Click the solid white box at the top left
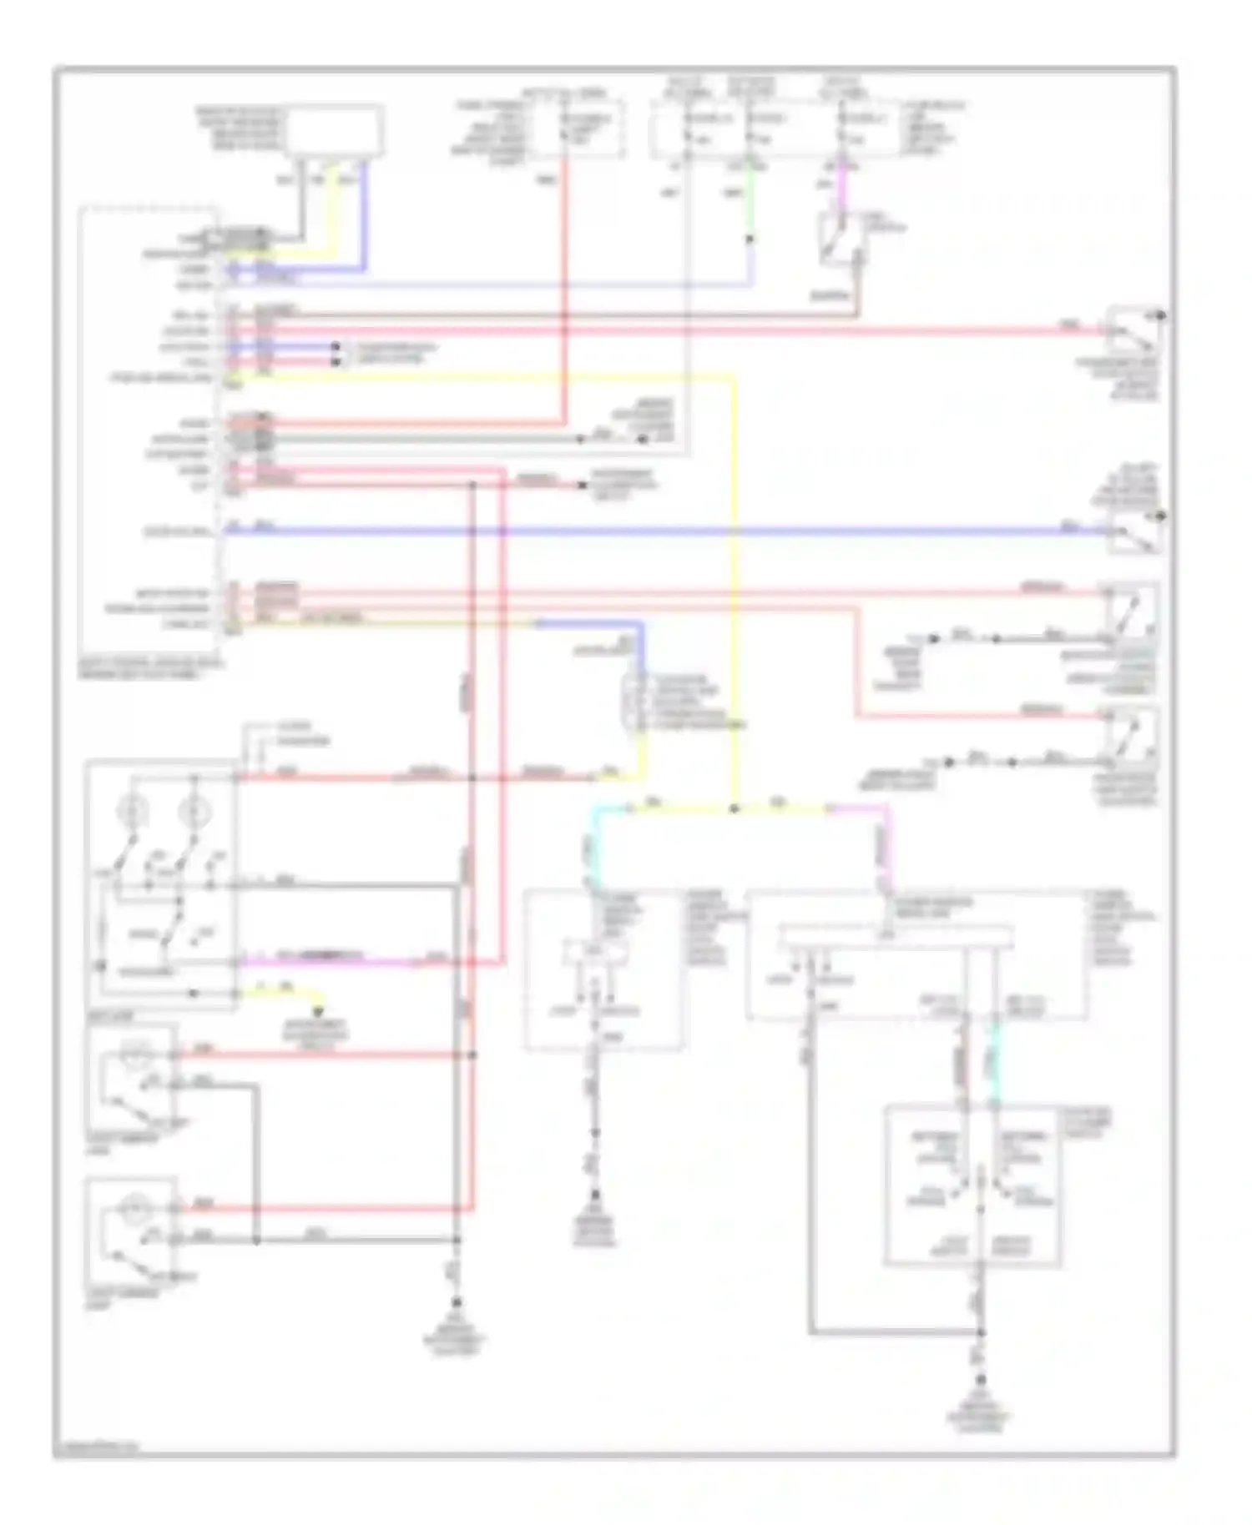click(x=335, y=130)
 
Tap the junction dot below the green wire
click(x=749, y=239)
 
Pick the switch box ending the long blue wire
click(x=1134, y=531)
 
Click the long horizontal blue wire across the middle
click(x=668, y=530)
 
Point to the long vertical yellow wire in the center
click(x=735, y=584)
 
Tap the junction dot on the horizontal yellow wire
click(x=734, y=808)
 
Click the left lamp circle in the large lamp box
click(x=134, y=809)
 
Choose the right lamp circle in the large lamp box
click(x=194, y=809)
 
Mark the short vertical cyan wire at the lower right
click(x=994, y=1059)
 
